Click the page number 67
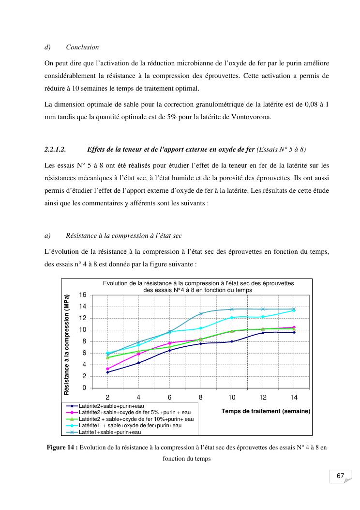(340, 476)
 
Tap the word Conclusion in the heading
(82, 47)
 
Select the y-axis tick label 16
(83, 294)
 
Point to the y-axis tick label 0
(85, 388)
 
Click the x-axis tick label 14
(294, 397)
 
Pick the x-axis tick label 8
(201, 397)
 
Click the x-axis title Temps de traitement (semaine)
(266, 411)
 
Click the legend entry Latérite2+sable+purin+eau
(111, 406)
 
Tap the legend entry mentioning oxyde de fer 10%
(136, 418)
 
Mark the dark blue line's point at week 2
(107, 372)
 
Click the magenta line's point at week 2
(107, 369)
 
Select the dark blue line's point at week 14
(294, 332)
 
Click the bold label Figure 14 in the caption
(62, 448)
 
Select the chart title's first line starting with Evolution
(198, 283)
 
